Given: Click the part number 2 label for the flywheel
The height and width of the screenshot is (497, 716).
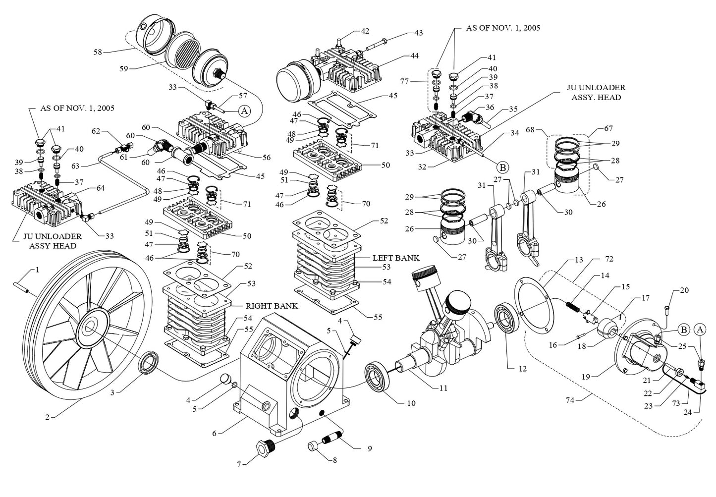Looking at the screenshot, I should pyautogui.click(x=47, y=417).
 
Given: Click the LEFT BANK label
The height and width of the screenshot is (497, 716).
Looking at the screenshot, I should pyautogui.click(x=396, y=258).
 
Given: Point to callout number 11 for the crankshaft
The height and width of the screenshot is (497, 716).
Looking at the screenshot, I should pyautogui.click(x=443, y=388).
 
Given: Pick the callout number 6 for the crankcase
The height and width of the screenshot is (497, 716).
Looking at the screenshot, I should pyautogui.click(x=214, y=433).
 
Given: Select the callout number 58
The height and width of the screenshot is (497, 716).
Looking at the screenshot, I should pyautogui.click(x=98, y=51).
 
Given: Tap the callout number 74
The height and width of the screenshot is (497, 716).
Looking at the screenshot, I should pyautogui.click(x=570, y=400).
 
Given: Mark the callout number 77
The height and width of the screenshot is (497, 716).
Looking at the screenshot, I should pyautogui.click(x=404, y=81).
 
